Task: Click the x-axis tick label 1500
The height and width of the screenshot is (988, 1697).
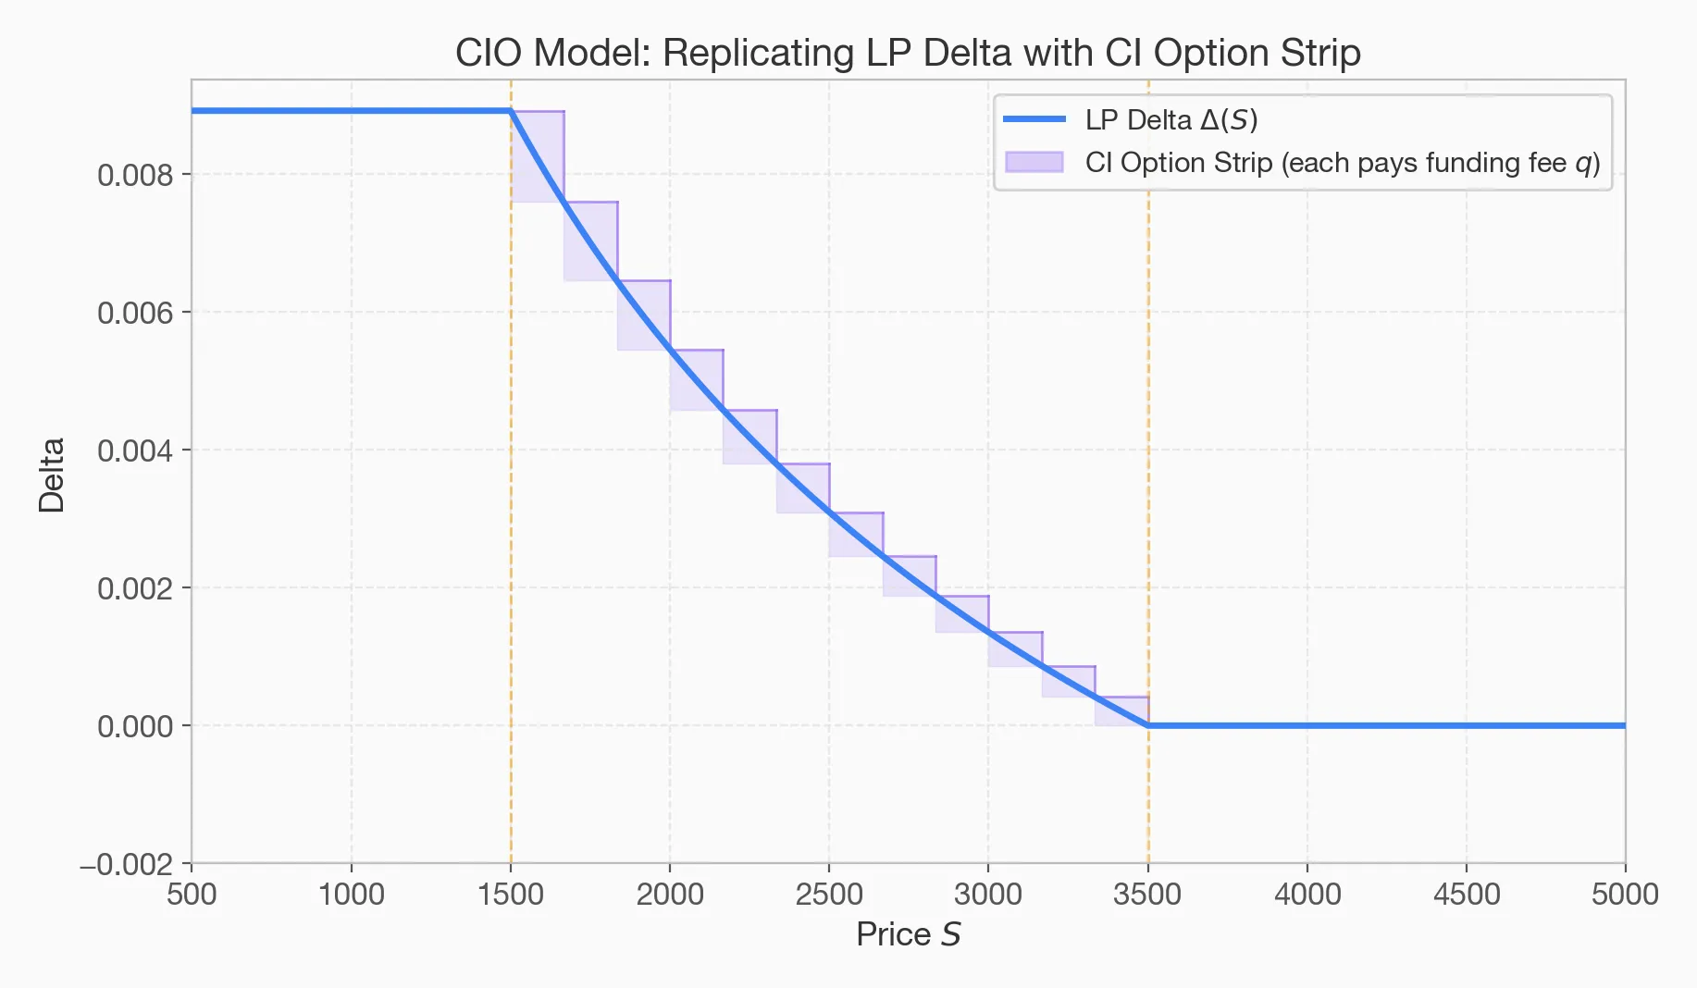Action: click(510, 895)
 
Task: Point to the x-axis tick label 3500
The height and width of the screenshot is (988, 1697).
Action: click(1147, 895)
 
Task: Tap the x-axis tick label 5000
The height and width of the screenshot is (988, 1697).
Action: click(1625, 895)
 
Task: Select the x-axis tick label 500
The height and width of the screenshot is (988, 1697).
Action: click(192, 895)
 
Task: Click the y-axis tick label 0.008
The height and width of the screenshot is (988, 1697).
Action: click(135, 175)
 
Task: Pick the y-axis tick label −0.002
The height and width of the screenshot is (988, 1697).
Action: click(127, 865)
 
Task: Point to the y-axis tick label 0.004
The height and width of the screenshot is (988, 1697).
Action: click(135, 451)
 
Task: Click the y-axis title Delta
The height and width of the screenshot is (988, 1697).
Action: click(52, 475)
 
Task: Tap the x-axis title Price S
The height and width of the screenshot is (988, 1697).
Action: click(908, 934)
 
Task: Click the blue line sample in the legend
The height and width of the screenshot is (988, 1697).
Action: click(1034, 119)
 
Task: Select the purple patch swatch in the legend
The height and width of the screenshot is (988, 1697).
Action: click(1034, 162)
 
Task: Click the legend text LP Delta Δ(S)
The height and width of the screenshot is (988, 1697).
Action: click(1171, 120)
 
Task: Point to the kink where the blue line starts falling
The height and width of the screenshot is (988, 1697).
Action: click(511, 111)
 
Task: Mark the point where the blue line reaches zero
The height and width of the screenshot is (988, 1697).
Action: click(1148, 725)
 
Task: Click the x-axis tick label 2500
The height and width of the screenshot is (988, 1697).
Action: click(829, 895)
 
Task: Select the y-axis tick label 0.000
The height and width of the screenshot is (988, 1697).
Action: click(135, 726)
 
